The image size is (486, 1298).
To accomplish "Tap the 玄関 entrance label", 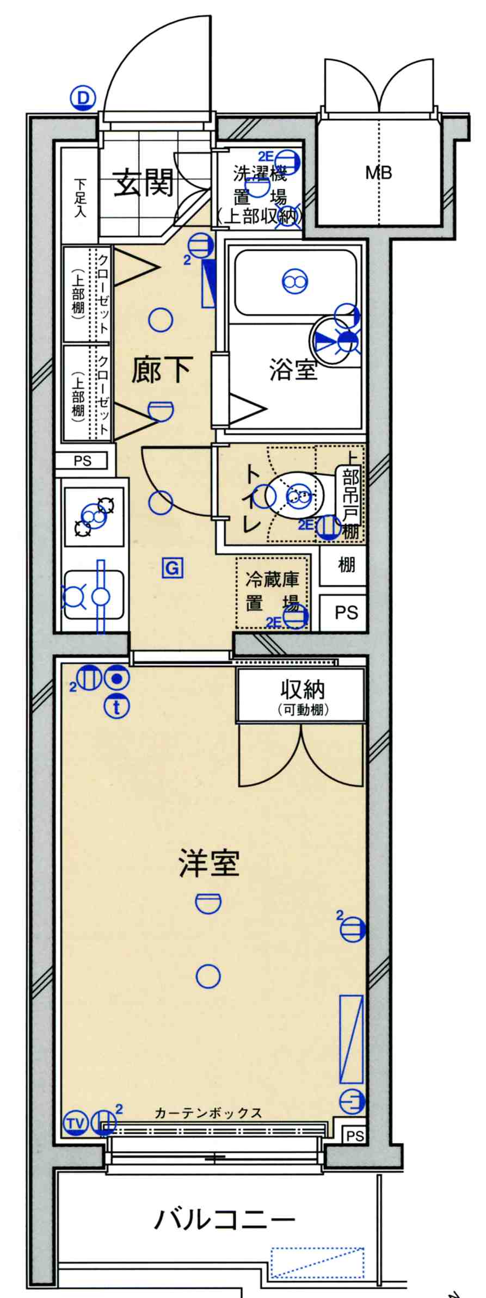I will click(x=143, y=182).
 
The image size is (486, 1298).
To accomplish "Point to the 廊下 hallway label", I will click(x=161, y=372).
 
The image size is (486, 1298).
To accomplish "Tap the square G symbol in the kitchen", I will click(x=171, y=568).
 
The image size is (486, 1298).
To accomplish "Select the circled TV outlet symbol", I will click(x=76, y=1122).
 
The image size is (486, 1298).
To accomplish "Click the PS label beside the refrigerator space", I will click(x=346, y=613).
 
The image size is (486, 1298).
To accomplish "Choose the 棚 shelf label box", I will click(x=346, y=566).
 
